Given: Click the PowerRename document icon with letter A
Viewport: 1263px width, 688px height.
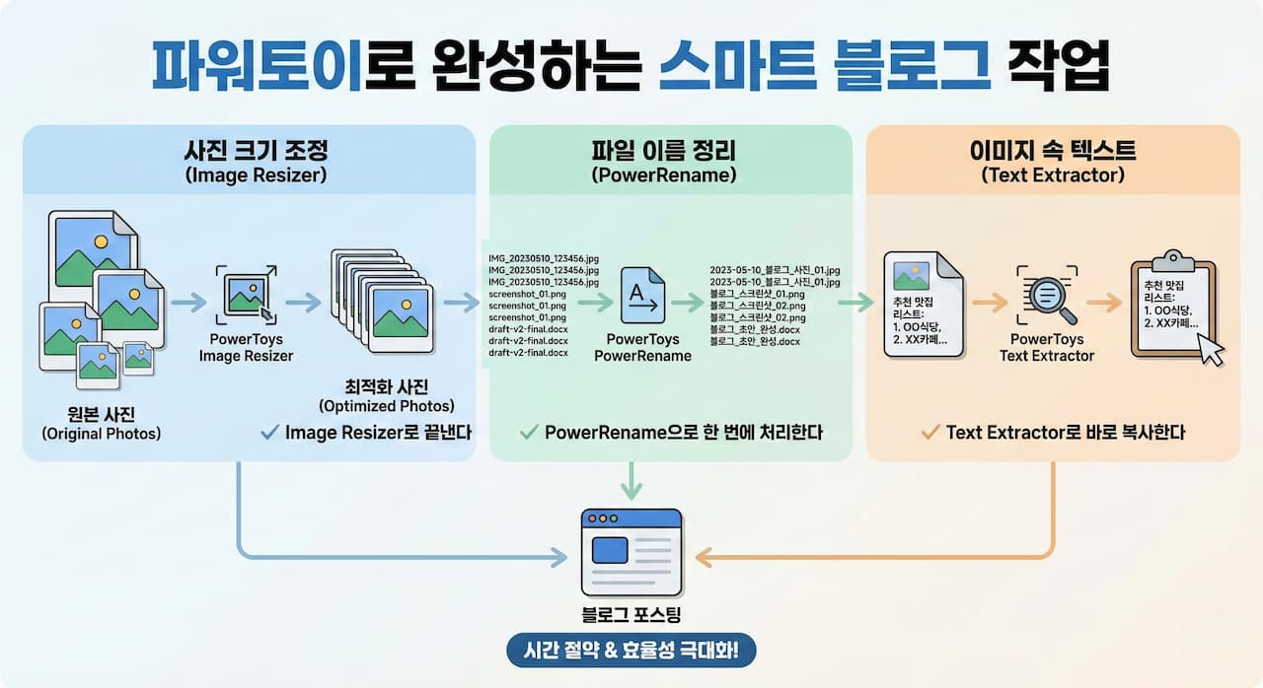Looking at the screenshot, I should point(642,295).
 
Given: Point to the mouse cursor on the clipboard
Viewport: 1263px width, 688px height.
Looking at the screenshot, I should point(1212,348).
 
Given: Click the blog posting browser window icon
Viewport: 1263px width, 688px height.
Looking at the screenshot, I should point(631,552).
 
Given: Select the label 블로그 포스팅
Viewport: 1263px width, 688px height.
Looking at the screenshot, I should point(631,615).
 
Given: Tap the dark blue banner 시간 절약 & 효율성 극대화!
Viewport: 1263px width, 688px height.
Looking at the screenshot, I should point(631,652).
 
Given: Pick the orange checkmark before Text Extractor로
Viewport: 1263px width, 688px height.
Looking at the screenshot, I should point(929,432).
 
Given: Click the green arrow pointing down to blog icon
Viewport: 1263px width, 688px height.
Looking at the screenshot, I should point(631,480).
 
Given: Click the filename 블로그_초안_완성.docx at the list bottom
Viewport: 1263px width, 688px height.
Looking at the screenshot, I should point(756,341).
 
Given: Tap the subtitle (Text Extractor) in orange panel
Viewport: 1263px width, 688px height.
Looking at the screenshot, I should point(1052,174).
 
